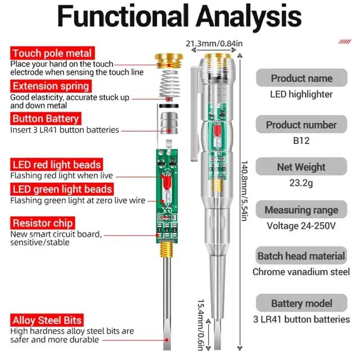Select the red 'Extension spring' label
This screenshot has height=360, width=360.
51,86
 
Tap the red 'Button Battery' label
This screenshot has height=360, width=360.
46,119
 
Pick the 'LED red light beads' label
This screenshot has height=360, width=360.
56,164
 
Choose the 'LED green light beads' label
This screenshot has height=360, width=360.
61,189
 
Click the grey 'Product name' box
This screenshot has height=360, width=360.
301,78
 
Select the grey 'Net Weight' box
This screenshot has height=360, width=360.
301,167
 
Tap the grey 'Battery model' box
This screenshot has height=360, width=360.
301,304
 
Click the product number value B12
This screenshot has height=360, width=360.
301,141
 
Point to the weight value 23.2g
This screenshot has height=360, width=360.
301,183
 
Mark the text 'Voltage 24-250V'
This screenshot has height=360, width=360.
301,226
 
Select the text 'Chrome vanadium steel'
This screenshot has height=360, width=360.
301,272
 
